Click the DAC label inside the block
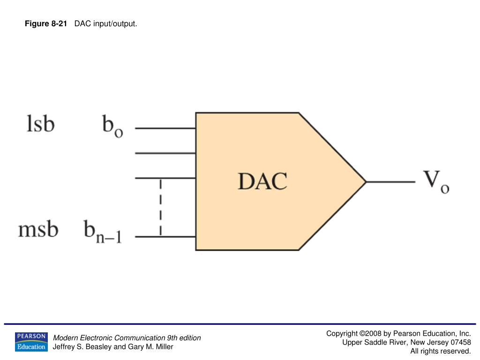tap(262, 181)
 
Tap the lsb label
tap(40, 124)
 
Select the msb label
tap(38, 230)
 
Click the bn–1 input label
tap(103, 232)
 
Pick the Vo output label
tap(436, 182)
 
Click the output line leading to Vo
tap(390, 182)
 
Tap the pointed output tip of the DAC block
tap(365, 182)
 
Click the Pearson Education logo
tap(31, 342)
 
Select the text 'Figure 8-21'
tap(46, 24)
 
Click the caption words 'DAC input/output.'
tap(106, 24)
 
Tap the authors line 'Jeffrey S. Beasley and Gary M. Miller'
tap(113, 347)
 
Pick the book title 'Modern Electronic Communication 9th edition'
tap(127, 338)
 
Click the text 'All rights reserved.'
tap(440, 351)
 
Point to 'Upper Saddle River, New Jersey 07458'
tap(406, 342)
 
